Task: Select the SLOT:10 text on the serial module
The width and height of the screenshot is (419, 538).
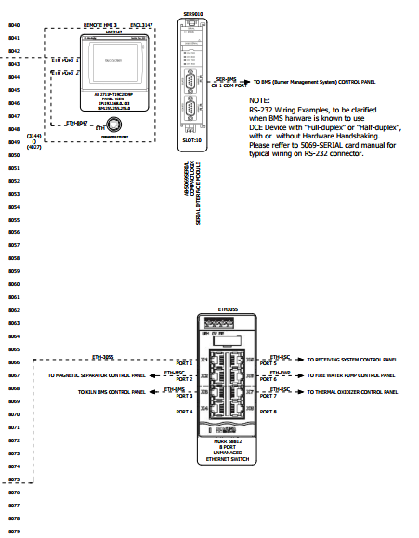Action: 191,141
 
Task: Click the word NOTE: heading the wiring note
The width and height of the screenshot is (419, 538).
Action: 259,99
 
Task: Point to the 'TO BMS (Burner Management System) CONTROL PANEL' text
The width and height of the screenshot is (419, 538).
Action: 314,83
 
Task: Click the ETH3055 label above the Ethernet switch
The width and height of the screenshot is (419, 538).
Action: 228,308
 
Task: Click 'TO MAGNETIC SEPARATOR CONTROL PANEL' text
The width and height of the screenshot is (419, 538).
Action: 97,375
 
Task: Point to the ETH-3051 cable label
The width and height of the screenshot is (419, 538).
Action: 102,356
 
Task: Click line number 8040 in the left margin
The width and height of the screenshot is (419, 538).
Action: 13,24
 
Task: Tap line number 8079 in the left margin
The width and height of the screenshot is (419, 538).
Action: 13,531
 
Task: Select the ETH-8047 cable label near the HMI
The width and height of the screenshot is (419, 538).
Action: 76,122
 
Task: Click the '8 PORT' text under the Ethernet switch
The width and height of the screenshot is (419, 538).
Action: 228,446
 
